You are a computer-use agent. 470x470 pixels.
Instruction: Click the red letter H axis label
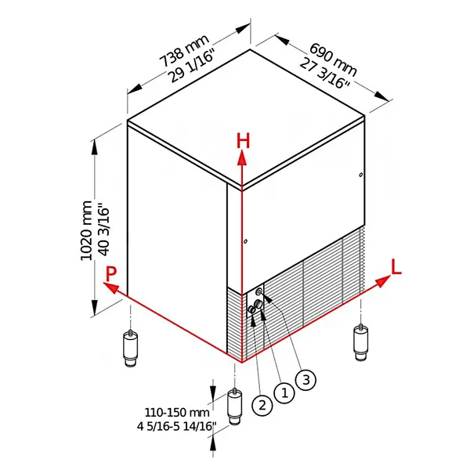click(x=244, y=141)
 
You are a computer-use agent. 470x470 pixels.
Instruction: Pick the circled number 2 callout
click(x=261, y=405)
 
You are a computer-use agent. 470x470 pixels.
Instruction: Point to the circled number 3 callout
click(x=307, y=379)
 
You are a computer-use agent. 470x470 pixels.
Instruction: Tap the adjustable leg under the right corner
click(x=360, y=342)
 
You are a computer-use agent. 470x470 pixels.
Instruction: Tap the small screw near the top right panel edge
click(x=360, y=174)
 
